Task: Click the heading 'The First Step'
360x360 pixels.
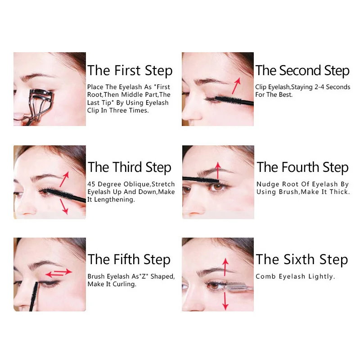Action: (130, 71)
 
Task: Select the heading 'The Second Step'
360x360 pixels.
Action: (302, 71)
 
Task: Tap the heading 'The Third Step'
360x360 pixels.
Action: (130, 167)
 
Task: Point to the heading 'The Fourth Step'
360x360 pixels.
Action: (302, 167)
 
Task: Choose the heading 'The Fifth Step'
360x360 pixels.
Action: (129, 260)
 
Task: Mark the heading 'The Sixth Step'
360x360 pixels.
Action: (302, 260)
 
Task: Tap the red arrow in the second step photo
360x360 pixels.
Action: (236, 86)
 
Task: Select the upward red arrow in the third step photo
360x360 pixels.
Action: (64, 179)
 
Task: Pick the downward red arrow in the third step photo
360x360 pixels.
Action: (64, 207)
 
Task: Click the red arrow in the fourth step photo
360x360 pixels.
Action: (218, 171)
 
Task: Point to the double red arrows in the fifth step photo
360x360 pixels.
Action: (58, 273)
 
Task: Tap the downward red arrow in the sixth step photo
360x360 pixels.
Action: (225, 301)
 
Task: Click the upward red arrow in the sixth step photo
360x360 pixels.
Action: (225, 267)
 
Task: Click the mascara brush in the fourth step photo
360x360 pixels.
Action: (201, 180)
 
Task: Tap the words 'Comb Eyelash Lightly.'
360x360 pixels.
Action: (295, 276)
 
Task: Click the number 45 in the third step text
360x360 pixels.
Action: (91, 184)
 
